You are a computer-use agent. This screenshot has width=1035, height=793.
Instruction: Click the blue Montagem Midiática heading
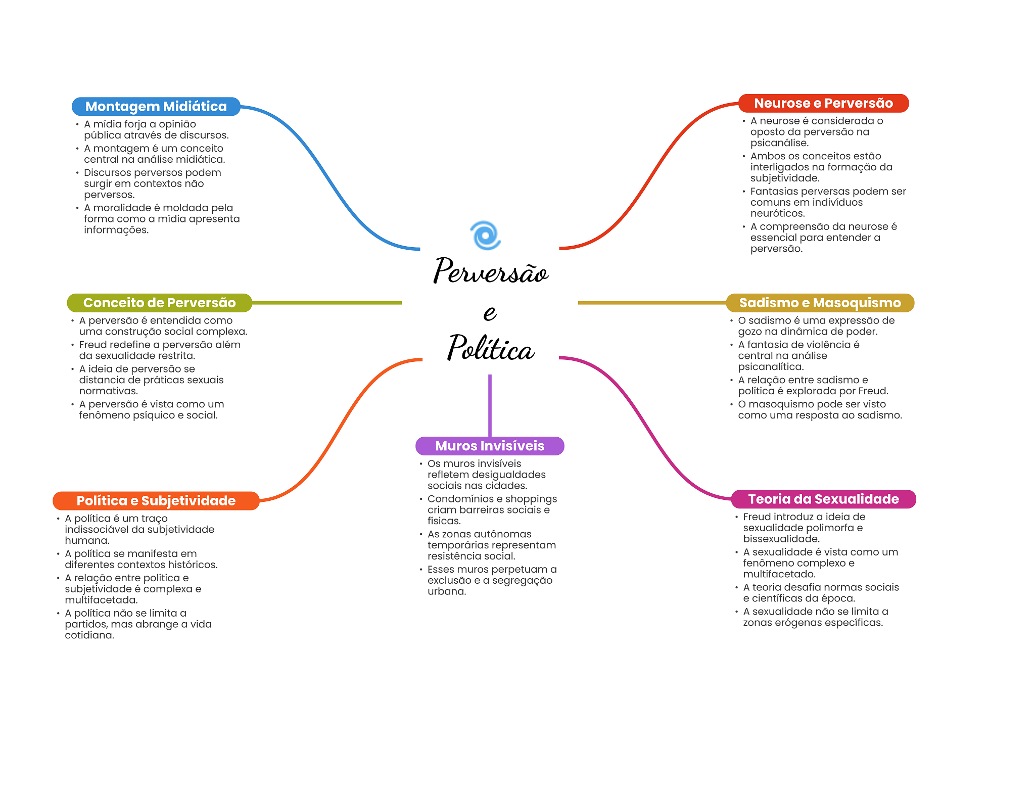pyautogui.click(x=156, y=107)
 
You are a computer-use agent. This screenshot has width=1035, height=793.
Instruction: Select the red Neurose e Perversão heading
pyautogui.click(x=823, y=103)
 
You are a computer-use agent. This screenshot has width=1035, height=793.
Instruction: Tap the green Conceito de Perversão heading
pyautogui.click(x=159, y=303)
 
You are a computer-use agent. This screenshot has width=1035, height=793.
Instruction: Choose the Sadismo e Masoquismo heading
pyautogui.click(x=820, y=303)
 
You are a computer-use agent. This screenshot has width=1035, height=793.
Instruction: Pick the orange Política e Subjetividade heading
pyautogui.click(x=156, y=501)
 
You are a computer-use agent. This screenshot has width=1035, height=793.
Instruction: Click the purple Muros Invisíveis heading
pyautogui.click(x=490, y=446)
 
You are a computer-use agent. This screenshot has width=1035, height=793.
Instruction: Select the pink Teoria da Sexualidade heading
pyautogui.click(x=823, y=499)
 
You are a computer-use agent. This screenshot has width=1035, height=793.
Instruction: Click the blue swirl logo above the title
pyautogui.click(x=485, y=236)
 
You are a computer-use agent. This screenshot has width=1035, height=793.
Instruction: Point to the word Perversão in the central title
pyautogui.click(x=490, y=271)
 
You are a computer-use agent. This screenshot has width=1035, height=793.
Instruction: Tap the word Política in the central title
pyautogui.click(x=490, y=349)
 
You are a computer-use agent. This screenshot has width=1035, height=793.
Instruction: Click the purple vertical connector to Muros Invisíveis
pyautogui.click(x=490, y=404)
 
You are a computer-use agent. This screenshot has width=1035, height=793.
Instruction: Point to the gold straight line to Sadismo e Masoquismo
pyautogui.click(x=652, y=303)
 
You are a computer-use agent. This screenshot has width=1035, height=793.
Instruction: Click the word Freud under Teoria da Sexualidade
pyautogui.click(x=757, y=517)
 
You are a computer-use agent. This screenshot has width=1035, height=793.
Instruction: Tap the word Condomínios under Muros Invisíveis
pyautogui.click(x=460, y=499)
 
